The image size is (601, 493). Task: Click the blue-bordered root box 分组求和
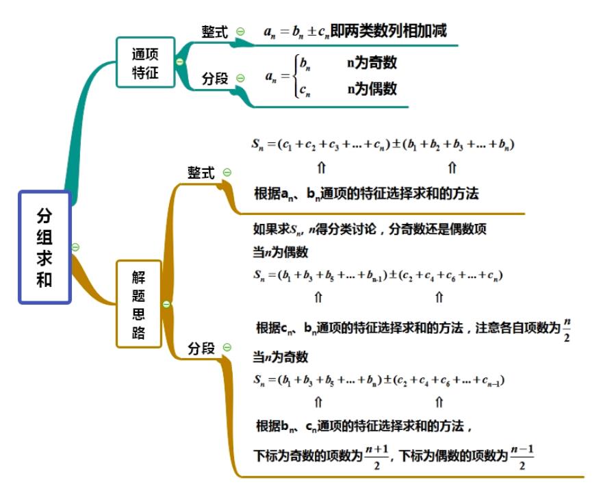click(45, 247)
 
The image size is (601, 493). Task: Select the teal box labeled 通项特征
click(146, 62)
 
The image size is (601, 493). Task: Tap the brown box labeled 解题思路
click(139, 304)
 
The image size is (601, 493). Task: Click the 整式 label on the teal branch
click(215, 31)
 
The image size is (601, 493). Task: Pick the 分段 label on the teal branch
click(215, 78)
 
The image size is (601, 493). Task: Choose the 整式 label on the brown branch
click(201, 173)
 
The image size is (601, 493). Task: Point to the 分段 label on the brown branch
click(201, 348)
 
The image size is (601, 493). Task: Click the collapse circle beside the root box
click(75, 247)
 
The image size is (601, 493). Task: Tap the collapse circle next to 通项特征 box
click(179, 62)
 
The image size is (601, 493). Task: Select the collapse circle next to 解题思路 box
click(166, 305)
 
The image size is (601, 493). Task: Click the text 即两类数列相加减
click(388, 31)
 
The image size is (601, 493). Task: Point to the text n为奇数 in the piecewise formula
click(372, 62)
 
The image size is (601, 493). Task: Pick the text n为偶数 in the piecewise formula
click(372, 89)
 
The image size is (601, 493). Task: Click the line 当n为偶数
click(281, 252)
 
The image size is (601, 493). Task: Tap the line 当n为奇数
click(281, 357)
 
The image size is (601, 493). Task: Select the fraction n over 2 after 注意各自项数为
click(567, 329)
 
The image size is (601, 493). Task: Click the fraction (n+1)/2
click(376, 457)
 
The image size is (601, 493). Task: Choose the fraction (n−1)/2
click(522, 457)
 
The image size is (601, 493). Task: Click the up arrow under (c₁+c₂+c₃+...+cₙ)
click(321, 168)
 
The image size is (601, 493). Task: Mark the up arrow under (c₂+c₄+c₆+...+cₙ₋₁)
click(439, 402)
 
